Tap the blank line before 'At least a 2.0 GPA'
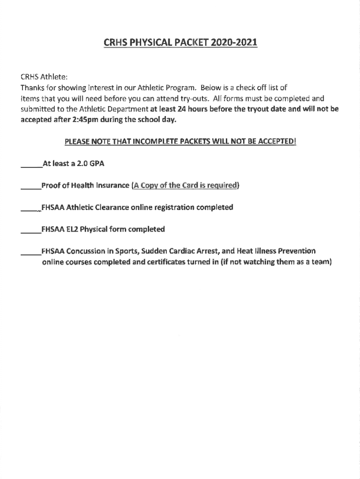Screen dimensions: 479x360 pos(31,165)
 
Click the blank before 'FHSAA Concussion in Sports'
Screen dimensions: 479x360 pos(31,251)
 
